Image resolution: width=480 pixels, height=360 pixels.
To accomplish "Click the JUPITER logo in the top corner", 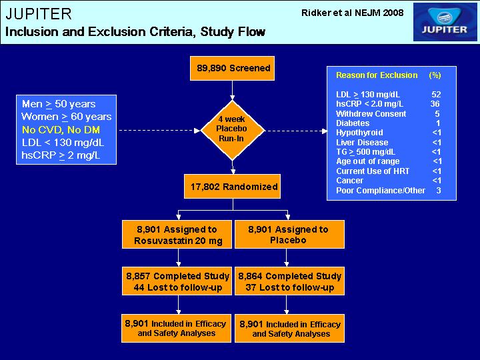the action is pyautogui.click(x=445, y=22).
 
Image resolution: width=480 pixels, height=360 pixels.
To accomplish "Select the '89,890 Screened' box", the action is pyautogui.click(x=233, y=68).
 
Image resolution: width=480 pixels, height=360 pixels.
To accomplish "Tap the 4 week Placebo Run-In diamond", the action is pyautogui.click(x=233, y=130).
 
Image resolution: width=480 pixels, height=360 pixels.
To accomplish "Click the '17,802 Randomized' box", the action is pyautogui.click(x=233, y=187).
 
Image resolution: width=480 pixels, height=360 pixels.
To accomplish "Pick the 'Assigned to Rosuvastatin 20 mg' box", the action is pyautogui.click(x=177, y=235).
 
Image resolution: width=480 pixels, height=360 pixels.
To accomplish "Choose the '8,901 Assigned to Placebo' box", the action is pyautogui.click(x=289, y=235).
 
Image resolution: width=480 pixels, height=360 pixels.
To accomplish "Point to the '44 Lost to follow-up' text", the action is pyautogui.click(x=178, y=287).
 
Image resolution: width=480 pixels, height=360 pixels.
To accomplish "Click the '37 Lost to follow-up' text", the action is pyautogui.click(x=289, y=287).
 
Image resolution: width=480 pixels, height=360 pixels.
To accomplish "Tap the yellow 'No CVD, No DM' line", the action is pyautogui.click(x=61, y=130).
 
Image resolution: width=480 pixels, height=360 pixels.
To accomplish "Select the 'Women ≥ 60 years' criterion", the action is pyautogui.click(x=67, y=117).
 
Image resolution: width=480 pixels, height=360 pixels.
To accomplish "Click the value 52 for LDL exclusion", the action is pyautogui.click(x=436, y=94).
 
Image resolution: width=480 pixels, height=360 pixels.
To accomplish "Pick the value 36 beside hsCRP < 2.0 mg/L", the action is pyautogui.click(x=435, y=104).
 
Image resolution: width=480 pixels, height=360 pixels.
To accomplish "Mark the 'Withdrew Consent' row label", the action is pyautogui.click(x=371, y=114).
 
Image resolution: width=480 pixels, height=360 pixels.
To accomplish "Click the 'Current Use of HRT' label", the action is pyautogui.click(x=373, y=171).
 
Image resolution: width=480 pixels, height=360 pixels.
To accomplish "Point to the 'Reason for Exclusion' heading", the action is pyautogui.click(x=377, y=75).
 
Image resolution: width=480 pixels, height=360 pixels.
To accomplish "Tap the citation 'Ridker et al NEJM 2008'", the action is pyautogui.click(x=353, y=13).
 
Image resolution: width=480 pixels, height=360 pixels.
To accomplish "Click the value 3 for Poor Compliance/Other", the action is pyautogui.click(x=439, y=191).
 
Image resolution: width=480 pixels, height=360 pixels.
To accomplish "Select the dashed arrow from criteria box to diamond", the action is pyautogui.click(x=159, y=131).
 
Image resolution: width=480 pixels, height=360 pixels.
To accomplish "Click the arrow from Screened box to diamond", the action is pyautogui.click(x=233, y=91).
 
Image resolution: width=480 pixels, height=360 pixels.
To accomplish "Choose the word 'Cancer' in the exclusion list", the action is pyautogui.click(x=349, y=181).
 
